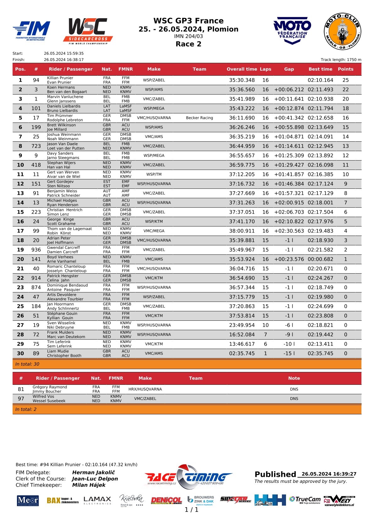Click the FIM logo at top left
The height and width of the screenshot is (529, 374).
(31, 30)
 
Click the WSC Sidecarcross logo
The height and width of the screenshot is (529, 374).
(88, 31)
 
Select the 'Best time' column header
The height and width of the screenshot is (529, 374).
(320, 69)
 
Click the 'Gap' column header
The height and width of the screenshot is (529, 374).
(289, 69)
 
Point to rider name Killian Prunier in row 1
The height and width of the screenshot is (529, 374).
(60, 78)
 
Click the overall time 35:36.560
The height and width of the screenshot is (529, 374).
(242, 90)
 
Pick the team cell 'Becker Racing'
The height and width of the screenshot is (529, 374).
(199, 118)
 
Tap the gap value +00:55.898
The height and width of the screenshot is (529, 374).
(289, 127)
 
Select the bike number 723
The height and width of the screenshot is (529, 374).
(36, 146)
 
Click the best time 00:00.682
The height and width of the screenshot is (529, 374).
(320, 259)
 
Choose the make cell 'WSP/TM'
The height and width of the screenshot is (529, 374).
(154, 174)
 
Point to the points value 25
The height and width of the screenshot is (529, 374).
(345, 80)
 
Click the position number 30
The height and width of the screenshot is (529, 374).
(20, 353)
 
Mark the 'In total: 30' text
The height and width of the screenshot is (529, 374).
(27, 364)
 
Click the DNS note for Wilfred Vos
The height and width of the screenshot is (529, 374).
(294, 399)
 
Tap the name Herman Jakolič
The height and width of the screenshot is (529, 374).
(93, 472)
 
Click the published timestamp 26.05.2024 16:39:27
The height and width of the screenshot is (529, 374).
(329, 474)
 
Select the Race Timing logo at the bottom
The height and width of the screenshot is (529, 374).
(189, 477)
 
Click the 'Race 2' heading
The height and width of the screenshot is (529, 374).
(188, 44)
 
